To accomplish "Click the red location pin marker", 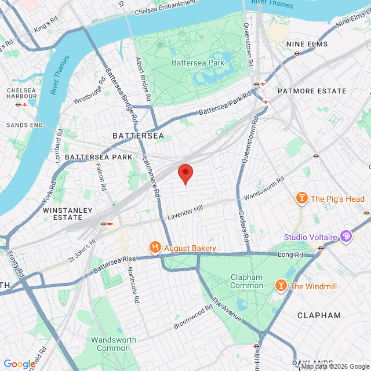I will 185,173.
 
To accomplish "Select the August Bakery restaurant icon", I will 155,248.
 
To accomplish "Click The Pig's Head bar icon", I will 301,199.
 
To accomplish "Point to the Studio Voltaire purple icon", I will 346,237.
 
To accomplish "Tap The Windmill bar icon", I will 281,286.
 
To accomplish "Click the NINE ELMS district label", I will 307,44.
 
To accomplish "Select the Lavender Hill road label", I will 186,213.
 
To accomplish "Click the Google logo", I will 19,363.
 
